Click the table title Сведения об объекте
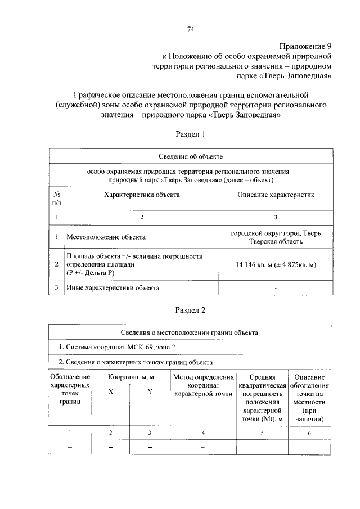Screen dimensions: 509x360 coord(190,156)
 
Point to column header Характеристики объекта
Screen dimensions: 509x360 coord(141,194)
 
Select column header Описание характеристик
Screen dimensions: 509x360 coord(275,194)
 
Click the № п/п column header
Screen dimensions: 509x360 coord(56,198)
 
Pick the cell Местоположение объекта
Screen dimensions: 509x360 coord(106,237)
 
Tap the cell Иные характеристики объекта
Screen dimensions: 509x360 coord(112,288)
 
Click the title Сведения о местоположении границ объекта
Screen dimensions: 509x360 coord(190,332)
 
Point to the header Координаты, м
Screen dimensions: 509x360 coord(130,376)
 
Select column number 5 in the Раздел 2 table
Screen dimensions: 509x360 coord(262,432)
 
